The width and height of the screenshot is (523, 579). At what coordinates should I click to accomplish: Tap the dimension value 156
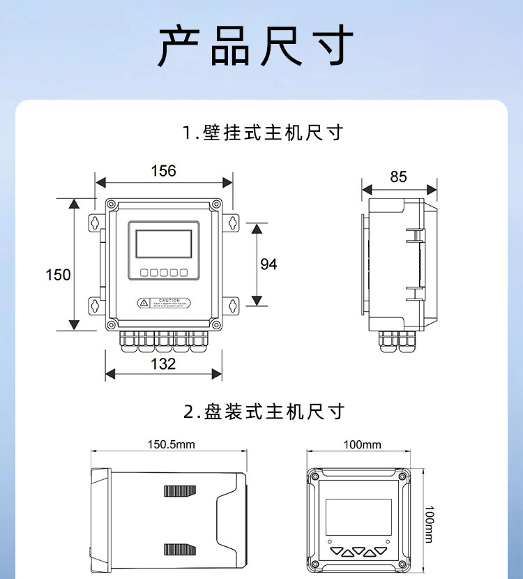click(164, 171)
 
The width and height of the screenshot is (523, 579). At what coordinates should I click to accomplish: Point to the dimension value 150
click(58, 274)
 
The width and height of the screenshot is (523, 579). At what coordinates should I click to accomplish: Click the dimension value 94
click(268, 264)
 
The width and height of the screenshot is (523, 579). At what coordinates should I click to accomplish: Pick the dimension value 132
click(163, 363)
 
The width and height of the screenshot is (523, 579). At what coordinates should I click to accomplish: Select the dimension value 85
click(398, 176)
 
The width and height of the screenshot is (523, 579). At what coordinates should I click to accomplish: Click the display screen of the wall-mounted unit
click(163, 244)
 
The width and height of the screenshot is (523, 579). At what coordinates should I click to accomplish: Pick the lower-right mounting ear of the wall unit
click(232, 304)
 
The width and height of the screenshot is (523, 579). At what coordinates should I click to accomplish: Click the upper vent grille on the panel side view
click(179, 491)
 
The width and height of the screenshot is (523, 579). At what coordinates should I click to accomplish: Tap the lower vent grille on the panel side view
click(179, 549)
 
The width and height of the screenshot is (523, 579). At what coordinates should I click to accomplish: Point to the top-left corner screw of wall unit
click(111, 205)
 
